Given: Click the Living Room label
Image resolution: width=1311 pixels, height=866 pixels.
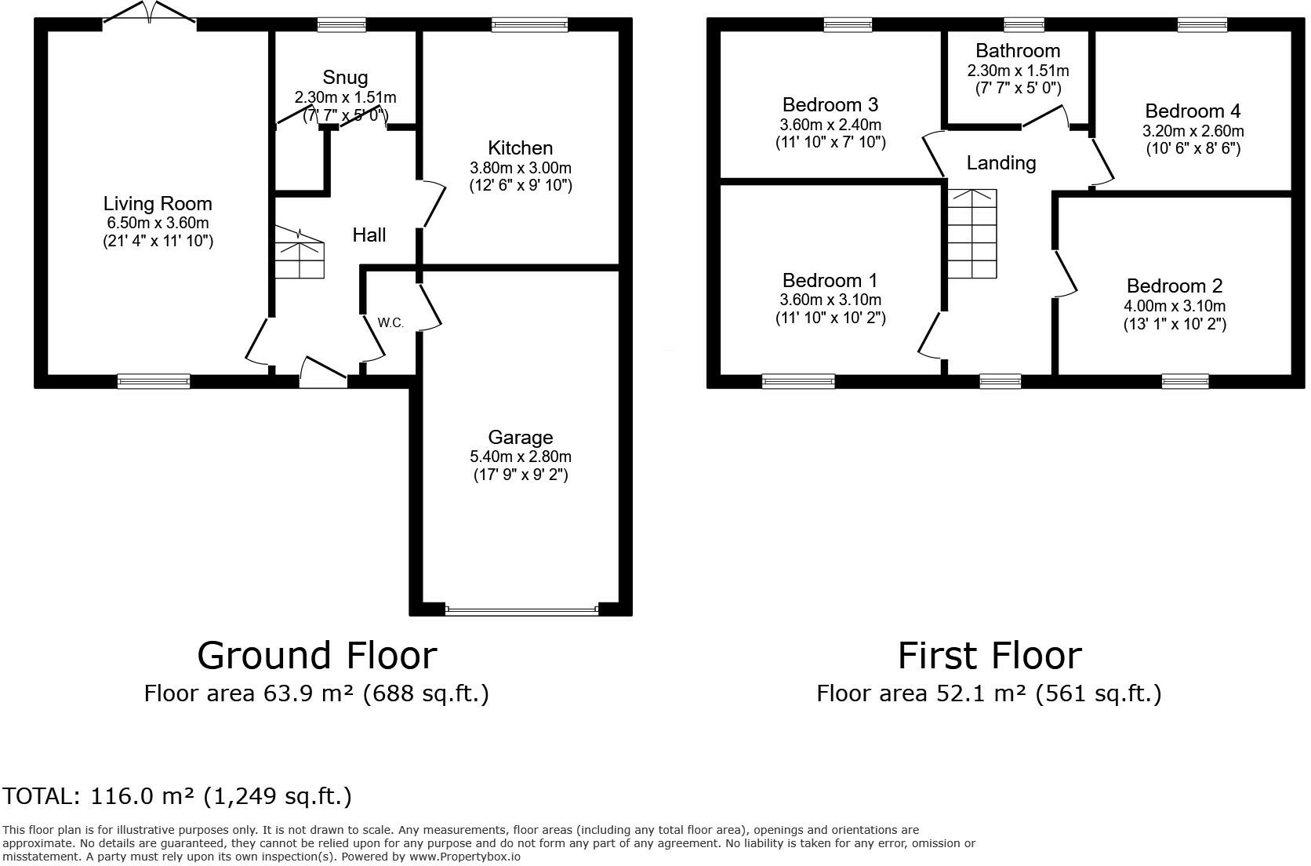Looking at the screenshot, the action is click(158, 204).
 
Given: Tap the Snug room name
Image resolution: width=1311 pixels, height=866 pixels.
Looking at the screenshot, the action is click(345, 78).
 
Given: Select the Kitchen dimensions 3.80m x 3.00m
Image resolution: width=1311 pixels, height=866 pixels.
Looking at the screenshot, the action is click(521, 168).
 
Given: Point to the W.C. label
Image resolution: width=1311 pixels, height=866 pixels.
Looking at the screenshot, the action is click(390, 322).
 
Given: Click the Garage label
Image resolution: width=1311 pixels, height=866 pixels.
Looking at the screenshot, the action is click(521, 438).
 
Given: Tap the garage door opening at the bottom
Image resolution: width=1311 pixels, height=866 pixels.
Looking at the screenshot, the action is click(521, 610).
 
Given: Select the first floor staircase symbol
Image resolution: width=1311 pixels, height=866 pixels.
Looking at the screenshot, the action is click(971, 234).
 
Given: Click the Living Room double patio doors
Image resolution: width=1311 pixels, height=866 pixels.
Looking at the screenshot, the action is click(150, 13).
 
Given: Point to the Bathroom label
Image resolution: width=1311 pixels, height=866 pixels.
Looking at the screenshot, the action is click(1018, 51).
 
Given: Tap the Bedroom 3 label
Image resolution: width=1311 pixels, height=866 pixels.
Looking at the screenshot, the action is click(830, 105).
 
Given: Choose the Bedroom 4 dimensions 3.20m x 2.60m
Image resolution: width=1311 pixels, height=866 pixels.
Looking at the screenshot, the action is click(1193, 131).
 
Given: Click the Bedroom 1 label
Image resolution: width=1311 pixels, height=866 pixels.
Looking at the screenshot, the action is click(830, 281).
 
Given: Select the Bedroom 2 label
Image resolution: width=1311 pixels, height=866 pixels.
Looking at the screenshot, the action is click(1174, 286).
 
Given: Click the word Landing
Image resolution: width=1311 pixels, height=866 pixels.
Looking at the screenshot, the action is click(1000, 163).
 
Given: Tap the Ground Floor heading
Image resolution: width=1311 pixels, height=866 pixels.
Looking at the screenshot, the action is click(318, 655).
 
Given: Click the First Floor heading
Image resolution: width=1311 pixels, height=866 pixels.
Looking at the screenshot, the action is click(990, 655).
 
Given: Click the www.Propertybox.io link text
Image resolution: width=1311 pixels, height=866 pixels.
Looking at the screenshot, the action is click(465, 857).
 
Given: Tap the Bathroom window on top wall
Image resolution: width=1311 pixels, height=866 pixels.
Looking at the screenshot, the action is click(1024, 24).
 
